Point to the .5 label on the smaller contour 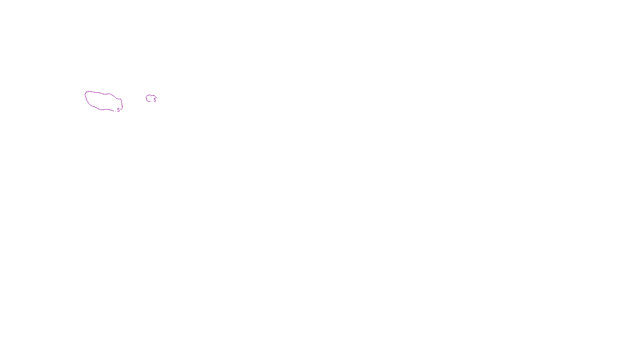(154, 100)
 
